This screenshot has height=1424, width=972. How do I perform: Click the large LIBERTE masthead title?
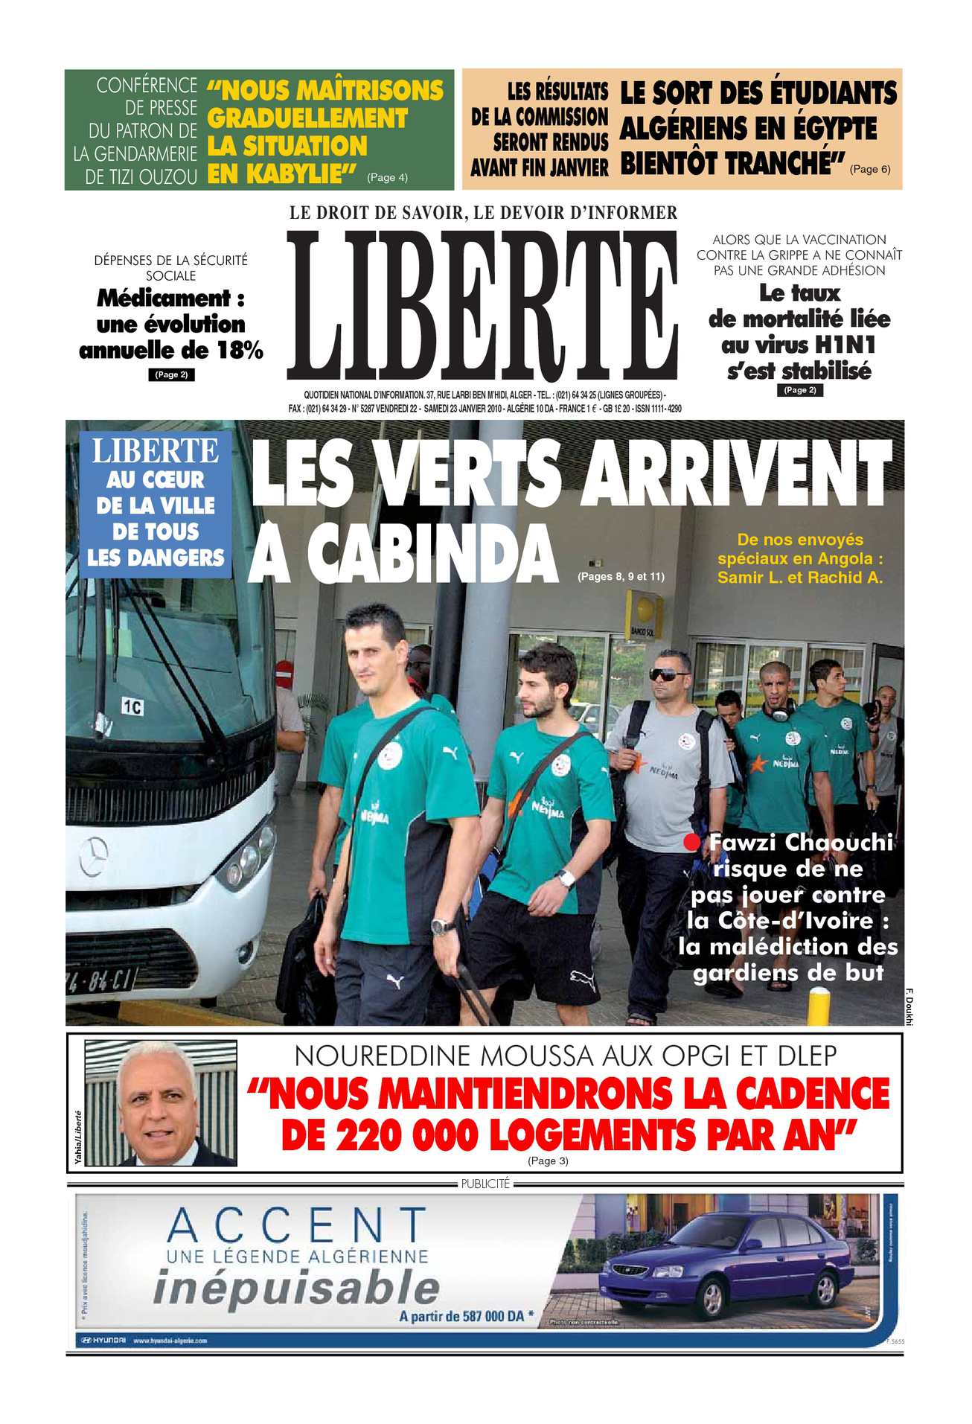[x=482, y=307]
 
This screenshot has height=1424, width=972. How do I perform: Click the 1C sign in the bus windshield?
[x=132, y=706]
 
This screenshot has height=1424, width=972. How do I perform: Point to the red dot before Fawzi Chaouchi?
[x=692, y=843]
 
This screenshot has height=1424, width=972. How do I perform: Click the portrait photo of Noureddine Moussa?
[x=161, y=1103]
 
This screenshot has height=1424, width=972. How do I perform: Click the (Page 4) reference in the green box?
[x=387, y=177]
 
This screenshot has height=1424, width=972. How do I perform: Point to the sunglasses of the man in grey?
[x=669, y=675]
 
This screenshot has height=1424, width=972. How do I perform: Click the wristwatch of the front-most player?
[x=442, y=926]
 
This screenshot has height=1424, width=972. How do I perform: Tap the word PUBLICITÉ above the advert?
[x=485, y=1184]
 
